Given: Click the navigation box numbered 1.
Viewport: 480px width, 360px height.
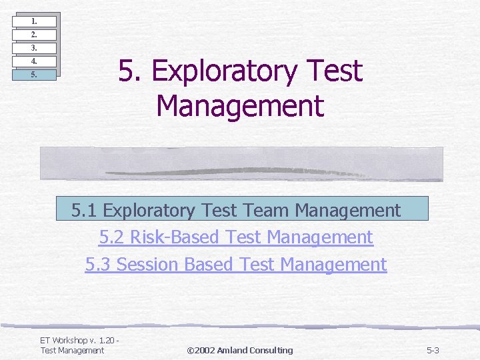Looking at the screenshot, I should click(34, 21).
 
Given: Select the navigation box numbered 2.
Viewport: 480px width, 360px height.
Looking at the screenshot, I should click(34, 34).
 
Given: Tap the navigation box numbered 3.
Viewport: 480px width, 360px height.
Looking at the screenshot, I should click(34, 48).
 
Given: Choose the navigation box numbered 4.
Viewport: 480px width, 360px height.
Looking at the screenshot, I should click(34, 61).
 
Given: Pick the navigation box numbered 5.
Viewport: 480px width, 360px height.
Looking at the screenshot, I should click(34, 75).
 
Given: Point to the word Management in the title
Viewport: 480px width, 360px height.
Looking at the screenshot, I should click(239, 105).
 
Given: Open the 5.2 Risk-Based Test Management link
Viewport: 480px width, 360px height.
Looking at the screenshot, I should click(235, 237).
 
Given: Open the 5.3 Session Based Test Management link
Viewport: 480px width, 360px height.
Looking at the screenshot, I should click(235, 265).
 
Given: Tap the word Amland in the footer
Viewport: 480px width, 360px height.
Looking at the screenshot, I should click(233, 351).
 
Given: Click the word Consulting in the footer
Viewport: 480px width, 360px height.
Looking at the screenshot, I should click(271, 351).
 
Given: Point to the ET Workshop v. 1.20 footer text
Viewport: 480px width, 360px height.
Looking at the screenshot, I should click(79, 341).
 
